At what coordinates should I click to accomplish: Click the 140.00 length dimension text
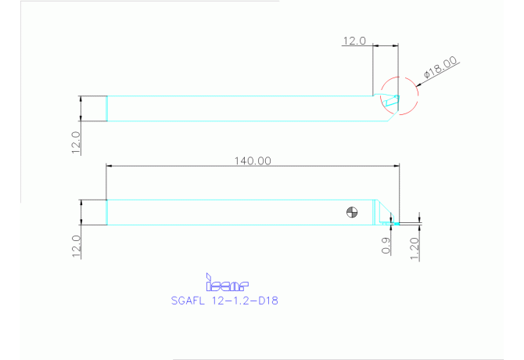pos(253,160)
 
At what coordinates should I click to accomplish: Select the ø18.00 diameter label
pos(441,68)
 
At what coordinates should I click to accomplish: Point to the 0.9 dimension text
pos(386,246)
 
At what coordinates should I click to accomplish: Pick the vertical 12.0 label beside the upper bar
pos(76,143)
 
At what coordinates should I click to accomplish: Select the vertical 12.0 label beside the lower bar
pos(76,245)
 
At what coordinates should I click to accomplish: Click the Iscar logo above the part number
pos(226,282)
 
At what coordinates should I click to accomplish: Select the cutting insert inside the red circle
pos(390,100)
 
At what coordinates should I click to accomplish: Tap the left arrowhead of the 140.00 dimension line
pos(110,166)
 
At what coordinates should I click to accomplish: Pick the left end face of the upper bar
pos(107,108)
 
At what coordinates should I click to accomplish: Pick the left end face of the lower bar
pos(107,212)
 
